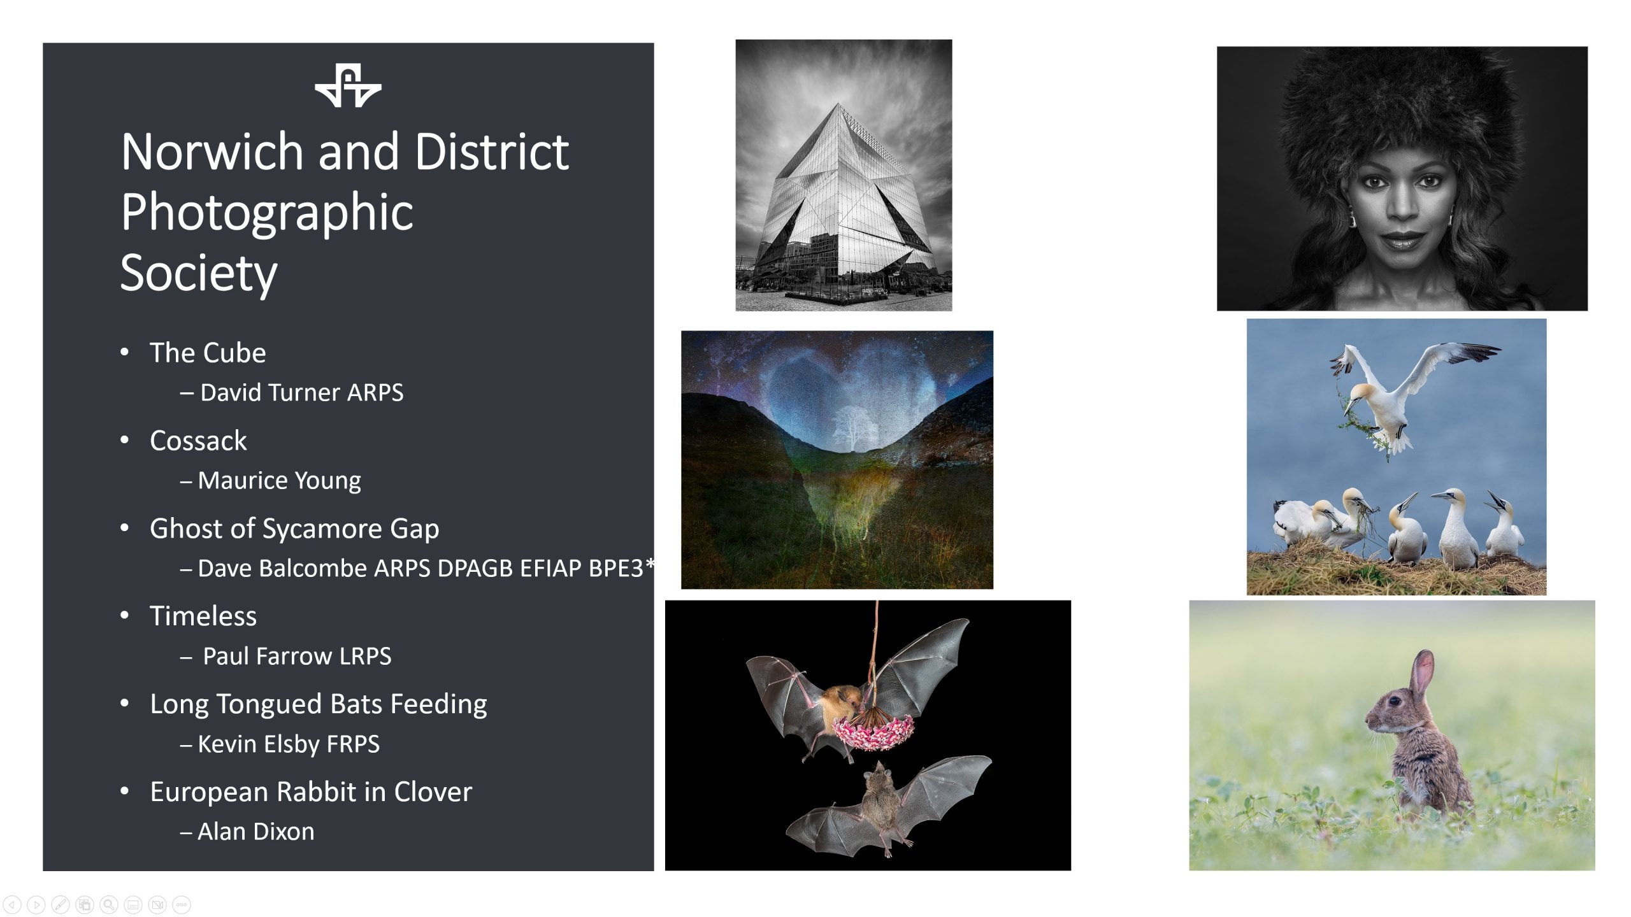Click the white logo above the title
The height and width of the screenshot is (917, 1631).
348,85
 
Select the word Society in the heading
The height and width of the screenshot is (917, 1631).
199,273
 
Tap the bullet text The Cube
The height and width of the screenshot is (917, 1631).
208,353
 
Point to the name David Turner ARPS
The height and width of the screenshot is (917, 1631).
301,392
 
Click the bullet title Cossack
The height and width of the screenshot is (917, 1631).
198,441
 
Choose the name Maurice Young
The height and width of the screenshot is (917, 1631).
279,481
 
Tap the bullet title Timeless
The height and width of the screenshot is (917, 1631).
203,616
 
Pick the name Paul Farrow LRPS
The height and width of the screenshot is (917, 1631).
297,656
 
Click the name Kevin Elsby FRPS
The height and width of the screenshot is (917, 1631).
289,744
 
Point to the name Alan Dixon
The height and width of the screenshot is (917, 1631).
255,832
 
